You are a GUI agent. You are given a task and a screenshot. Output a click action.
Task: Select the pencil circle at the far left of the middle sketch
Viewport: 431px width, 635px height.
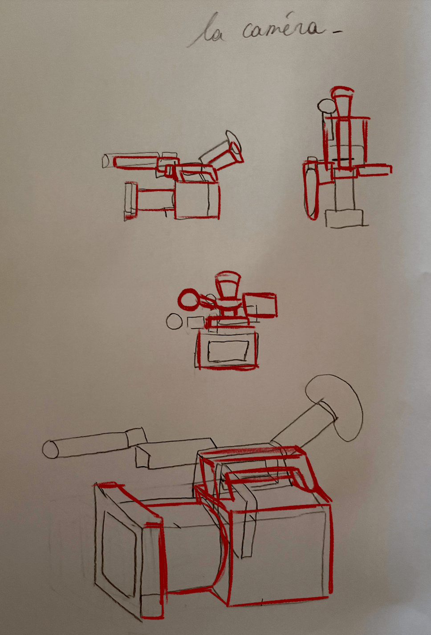point(174,322)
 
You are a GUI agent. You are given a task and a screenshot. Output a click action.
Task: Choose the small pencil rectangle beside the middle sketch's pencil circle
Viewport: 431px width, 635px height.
point(196,322)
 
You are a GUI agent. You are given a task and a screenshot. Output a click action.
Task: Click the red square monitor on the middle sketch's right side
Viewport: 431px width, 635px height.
point(260,305)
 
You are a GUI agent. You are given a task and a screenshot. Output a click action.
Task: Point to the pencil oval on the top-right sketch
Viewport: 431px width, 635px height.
point(326,106)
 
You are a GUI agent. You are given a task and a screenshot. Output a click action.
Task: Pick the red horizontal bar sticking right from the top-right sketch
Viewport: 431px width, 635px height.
point(374,170)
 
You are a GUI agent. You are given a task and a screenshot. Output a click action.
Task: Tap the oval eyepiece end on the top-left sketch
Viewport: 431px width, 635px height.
point(233,141)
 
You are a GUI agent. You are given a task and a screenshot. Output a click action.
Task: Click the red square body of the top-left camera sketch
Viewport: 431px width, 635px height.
point(197,200)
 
